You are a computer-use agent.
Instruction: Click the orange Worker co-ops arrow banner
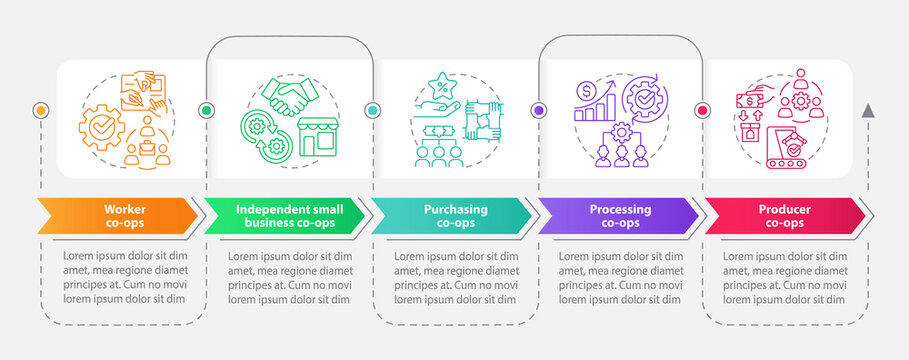[x=118, y=216]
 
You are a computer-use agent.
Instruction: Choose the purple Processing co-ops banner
[x=620, y=216]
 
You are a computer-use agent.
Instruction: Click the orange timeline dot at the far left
[x=40, y=110]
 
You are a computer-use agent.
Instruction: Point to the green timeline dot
[x=206, y=110]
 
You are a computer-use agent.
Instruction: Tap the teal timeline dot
[x=372, y=110]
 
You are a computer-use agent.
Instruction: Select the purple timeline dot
[x=539, y=110]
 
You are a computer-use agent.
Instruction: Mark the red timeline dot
[x=702, y=110]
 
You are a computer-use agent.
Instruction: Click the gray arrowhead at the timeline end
[x=867, y=110]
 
